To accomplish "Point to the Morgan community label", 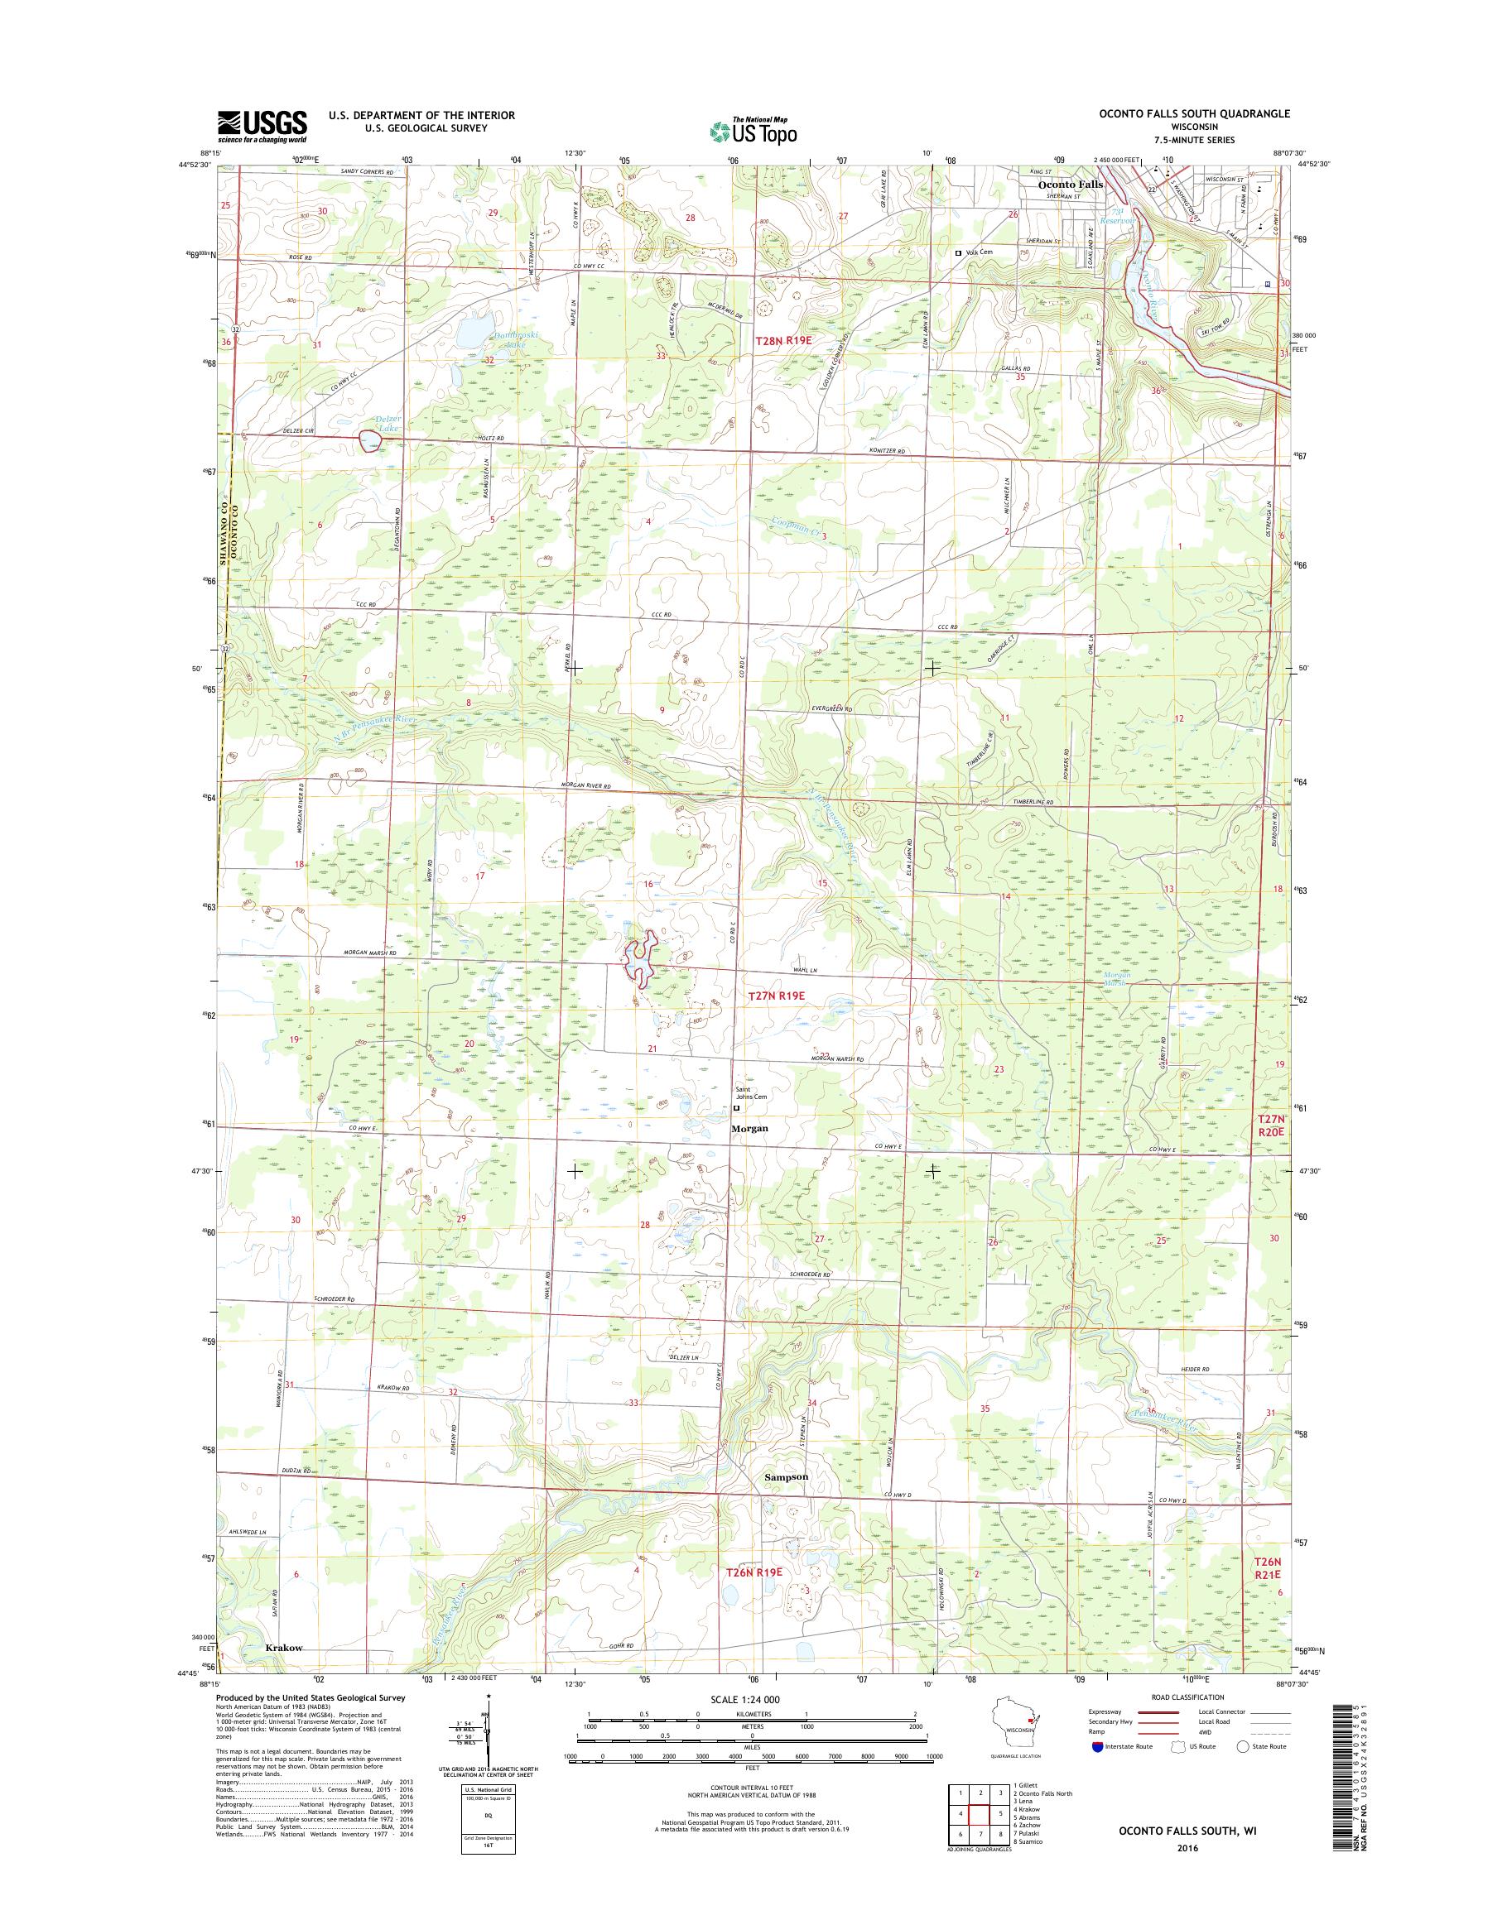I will [x=749, y=1128].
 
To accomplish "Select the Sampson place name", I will [x=785, y=1476].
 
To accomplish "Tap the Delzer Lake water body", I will [x=369, y=439].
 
